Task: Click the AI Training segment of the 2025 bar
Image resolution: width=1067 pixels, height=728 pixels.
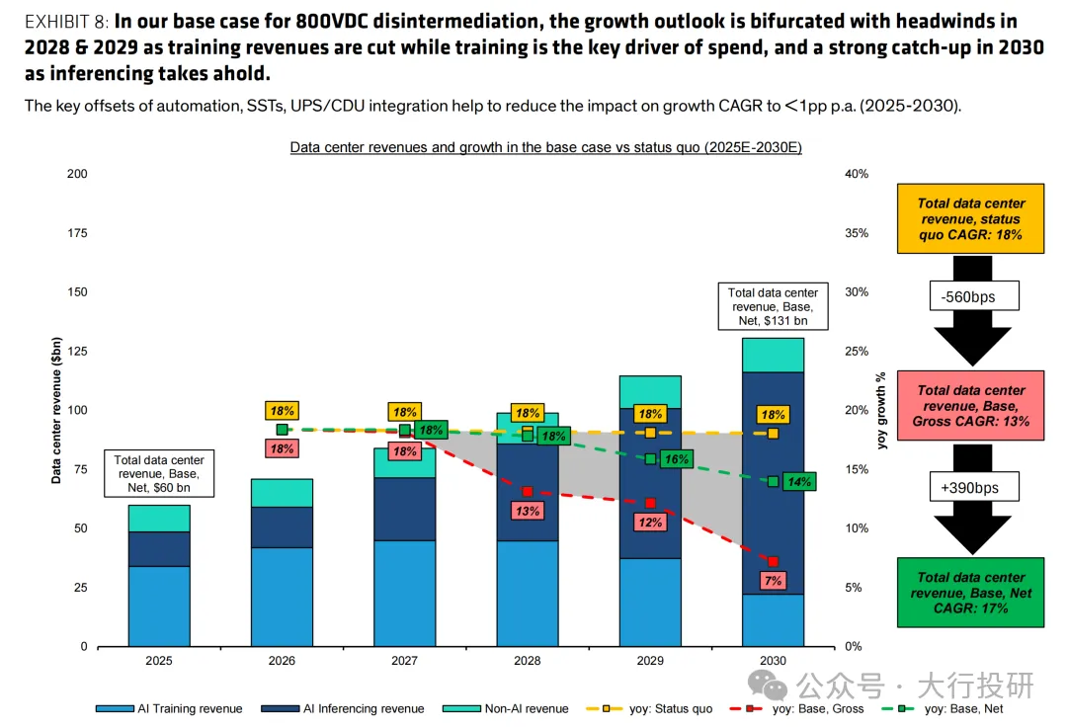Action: coord(159,606)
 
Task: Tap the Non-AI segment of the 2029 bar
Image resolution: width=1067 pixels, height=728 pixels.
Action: coord(650,391)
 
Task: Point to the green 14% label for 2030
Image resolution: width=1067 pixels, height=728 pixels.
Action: coord(798,482)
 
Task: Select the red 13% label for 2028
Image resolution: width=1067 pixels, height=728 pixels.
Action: coord(527,510)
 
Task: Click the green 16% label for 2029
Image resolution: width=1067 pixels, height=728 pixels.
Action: coord(676,459)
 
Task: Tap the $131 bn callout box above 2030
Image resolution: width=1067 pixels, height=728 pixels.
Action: coord(773,306)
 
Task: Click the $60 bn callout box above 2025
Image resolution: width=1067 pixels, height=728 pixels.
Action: coord(159,473)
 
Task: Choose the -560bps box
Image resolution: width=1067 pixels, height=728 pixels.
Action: coord(971,296)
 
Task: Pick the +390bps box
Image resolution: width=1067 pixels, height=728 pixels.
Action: coord(971,488)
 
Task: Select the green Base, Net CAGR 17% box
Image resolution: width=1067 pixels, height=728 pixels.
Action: coord(971,593)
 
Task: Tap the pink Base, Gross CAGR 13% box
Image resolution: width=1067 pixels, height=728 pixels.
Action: coord(971,406)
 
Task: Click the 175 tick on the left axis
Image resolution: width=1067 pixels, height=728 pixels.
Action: coord(77,233)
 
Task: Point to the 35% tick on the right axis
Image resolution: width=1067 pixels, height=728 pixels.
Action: coord(856,233)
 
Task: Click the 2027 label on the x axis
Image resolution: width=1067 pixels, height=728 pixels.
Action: coord(405,660)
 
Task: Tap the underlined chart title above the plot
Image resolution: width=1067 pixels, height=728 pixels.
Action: coord(545,147)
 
